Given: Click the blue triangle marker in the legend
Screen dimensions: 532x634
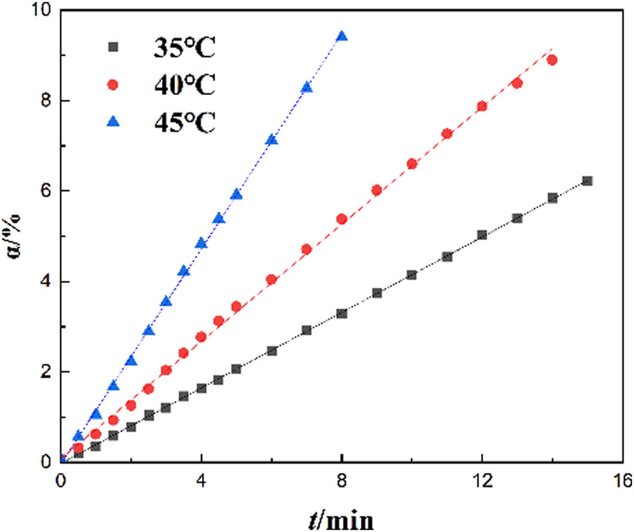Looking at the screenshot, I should [113, 121].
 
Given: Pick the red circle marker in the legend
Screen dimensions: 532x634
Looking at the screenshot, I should [113, 85].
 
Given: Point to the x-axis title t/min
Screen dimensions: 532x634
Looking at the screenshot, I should [341, 518].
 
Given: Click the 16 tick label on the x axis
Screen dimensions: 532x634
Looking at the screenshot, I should [622, 480].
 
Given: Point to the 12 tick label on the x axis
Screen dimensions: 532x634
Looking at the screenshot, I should [482, 480].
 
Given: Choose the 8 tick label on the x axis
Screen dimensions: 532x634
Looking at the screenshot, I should [342, 480].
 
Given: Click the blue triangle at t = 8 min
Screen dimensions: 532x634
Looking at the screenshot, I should [342, 36].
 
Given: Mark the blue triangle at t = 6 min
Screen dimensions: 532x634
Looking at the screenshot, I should [272, 140].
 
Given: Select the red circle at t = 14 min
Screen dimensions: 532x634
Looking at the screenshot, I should [552, 60].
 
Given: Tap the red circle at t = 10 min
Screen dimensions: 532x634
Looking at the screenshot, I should [412, 164].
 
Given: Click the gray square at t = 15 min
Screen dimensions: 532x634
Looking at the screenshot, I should [587, 181].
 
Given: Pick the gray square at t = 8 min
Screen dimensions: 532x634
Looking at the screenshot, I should [342, 313].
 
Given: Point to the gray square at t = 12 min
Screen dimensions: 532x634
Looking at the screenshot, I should [482, 235].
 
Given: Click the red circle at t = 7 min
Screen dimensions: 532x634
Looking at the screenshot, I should [307, 249].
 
